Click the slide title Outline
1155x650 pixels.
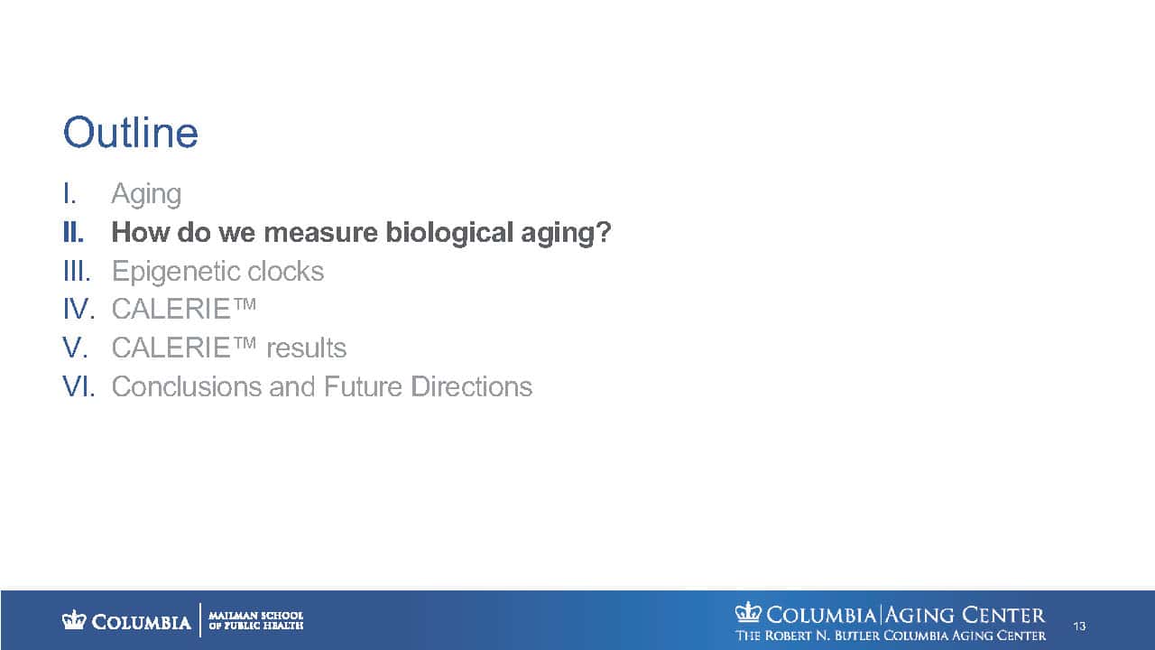click(x=131, y=133)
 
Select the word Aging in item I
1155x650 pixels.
click(x=146, y=194)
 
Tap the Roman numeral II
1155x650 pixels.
click(x=73, y=232)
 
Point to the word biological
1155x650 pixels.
click(x=449, y=232)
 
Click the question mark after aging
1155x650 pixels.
click(x=604, y=232)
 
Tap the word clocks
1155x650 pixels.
click(x=286, y=271)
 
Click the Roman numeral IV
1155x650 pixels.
click(x=79, y=309)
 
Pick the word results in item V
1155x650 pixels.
click(x=306, y=348)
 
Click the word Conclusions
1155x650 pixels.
click(x=187, y=386)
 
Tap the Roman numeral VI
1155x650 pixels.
click(x=79, y=386)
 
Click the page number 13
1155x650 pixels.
click(x=1079, y=627)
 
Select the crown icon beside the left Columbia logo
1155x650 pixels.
click(x=74, y=619)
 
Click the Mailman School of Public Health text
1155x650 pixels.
click(x=255, y=620)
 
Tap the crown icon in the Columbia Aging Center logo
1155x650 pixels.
click(x=748, y=612)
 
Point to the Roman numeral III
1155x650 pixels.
click(x=77, y=271)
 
